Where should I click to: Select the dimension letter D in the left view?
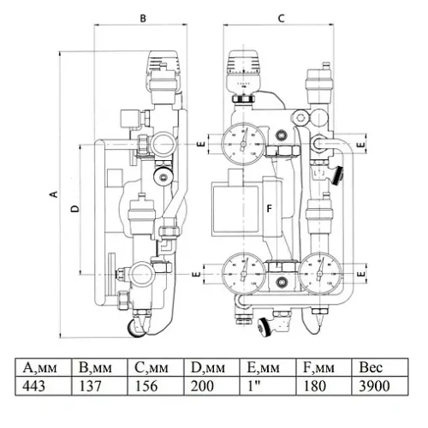(74, 208)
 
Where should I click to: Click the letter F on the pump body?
(268, 208)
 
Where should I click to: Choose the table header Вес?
(375, 369)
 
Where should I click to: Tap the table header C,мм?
(152, 369)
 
